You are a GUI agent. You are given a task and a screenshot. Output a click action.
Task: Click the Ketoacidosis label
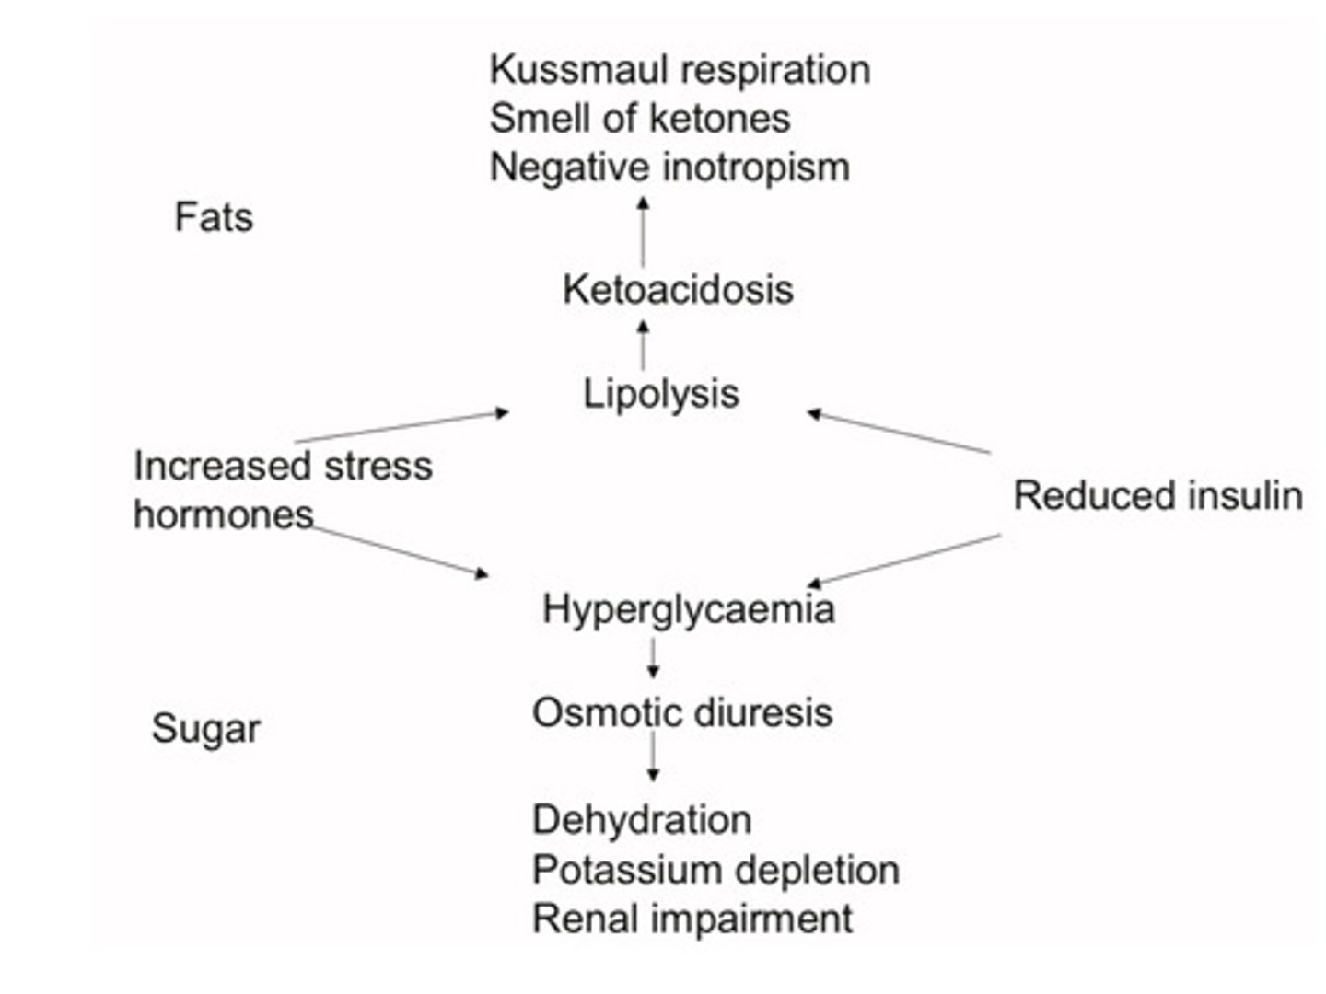tap(678, 289)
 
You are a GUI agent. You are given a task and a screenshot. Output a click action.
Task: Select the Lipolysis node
tap(660, 393)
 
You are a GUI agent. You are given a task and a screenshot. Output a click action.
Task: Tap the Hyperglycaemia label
tap(688, 608)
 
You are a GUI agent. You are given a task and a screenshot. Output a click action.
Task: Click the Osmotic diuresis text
tap(681, 712)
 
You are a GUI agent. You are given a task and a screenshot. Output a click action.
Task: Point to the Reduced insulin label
tap(1157, 495)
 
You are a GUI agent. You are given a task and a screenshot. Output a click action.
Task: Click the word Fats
tap(214, 217)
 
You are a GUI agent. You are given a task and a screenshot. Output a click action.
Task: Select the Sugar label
tap(205, 729)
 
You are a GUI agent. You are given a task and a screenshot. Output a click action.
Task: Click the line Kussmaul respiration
tap(680, 69)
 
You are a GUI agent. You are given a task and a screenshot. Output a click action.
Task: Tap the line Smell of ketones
tap(639, 118)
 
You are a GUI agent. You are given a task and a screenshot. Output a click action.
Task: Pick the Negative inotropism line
tap(669, 167)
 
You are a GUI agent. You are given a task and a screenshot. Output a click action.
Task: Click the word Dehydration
tap(641, 819)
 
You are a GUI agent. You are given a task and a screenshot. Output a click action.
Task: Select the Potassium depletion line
tap(715, 869)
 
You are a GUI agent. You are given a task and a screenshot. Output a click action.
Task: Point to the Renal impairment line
tap(692, 919)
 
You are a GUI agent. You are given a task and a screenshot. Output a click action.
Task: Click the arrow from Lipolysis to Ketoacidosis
tap(643, 344)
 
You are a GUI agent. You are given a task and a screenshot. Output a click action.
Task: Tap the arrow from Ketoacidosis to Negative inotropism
tap(643, 230)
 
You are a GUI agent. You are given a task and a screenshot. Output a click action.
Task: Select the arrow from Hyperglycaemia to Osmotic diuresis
tap(653, 658)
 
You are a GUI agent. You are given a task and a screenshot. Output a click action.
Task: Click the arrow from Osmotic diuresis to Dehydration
tap(653, 757)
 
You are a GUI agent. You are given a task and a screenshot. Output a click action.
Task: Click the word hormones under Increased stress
tap(223, 514)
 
